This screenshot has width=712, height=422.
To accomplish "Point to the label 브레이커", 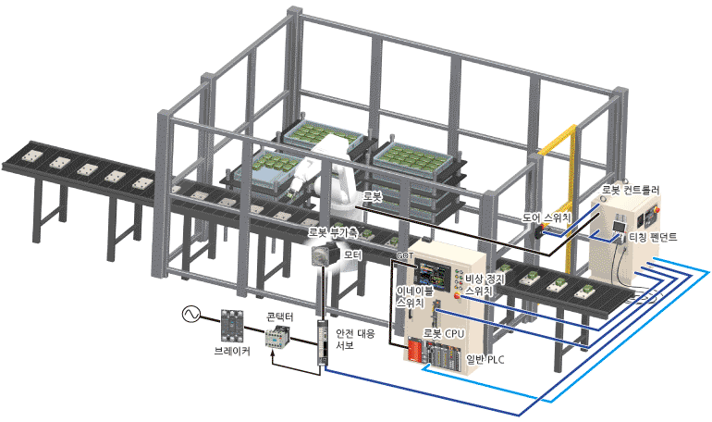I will (x=231, y=351).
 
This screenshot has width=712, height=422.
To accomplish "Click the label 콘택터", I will (x=280, y=317).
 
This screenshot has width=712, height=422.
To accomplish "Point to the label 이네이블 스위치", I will (x=409, y=296).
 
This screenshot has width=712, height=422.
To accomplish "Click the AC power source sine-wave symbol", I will (x=194, y=315).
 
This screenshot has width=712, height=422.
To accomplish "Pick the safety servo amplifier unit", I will (x=322, y=345).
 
